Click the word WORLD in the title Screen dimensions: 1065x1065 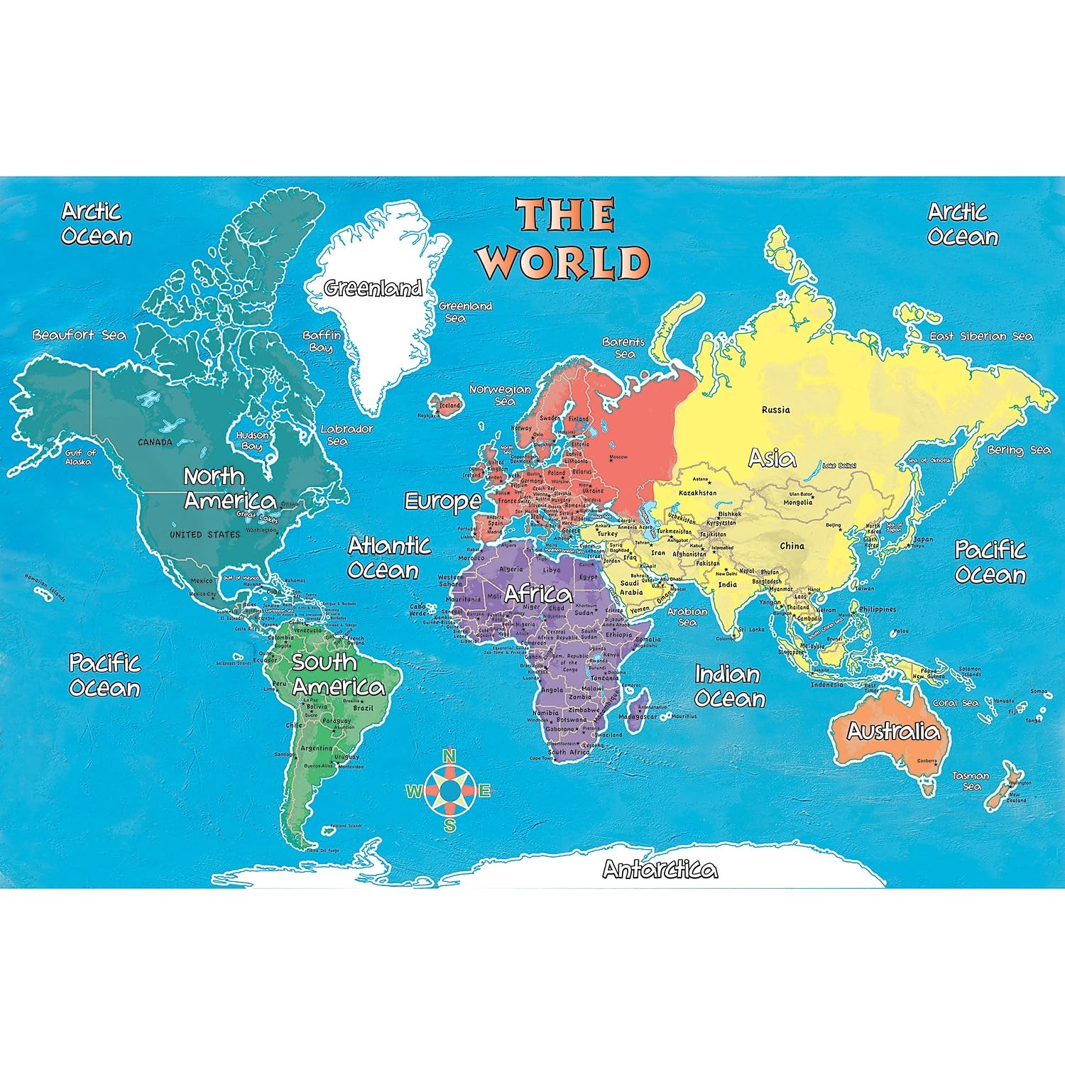coord(564,263)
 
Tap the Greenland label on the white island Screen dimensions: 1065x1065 coord(373,288)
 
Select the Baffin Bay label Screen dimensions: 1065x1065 coord(322,342)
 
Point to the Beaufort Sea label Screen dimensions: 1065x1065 coord(79,335)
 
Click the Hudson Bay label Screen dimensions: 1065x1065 coord(252,440)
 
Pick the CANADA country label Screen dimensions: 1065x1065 coord(155,442)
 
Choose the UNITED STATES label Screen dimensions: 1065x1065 coord(204,535)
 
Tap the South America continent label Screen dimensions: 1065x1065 coord(338,674)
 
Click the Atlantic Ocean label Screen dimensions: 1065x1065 coord(388,558)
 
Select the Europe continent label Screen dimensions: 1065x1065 coord(442,501)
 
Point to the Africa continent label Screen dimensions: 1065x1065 coord(537,594)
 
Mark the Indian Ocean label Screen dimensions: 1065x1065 coord(729,687)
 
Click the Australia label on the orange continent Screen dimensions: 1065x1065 coord(893,731)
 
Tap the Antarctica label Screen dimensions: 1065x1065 coord(660,869)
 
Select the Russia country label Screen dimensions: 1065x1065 coord(775,410)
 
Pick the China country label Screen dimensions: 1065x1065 coord(792,546)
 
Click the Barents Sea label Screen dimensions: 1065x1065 coord(623,348)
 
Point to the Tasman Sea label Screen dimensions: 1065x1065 coord(971,781)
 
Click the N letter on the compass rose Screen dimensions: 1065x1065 coord(449,756)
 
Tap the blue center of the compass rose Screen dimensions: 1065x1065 coord(449,790)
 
